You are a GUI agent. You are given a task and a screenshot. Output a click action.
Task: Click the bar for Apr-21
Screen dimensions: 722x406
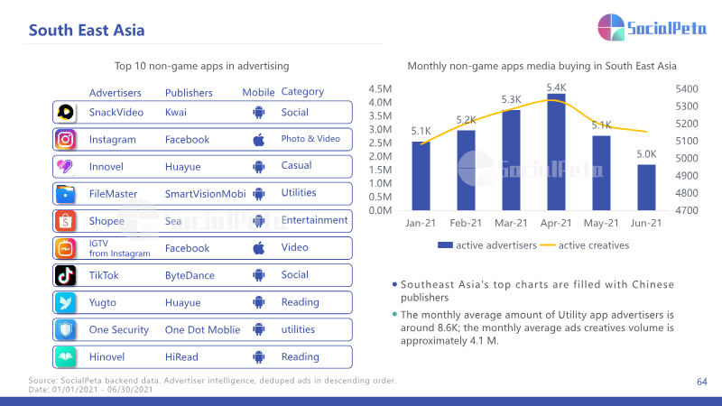click(556, 152)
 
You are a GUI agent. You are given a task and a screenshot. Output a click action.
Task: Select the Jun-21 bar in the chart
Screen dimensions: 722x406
click(646, 188)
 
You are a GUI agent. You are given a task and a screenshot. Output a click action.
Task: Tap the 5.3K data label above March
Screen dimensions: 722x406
click(511, 99)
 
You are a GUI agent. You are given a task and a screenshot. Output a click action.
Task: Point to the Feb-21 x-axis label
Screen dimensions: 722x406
click(466, 223)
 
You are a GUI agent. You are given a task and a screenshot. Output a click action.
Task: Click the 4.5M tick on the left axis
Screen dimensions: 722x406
click(380, 88)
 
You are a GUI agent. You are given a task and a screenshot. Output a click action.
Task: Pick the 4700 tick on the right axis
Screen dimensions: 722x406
click(687, 210)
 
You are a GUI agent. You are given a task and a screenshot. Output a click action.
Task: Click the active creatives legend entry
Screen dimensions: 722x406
click(584, 245)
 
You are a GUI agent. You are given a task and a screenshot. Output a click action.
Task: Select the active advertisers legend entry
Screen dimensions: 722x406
click(487, 245)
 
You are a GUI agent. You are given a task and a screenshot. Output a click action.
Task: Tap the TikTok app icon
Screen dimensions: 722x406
click(65, 275)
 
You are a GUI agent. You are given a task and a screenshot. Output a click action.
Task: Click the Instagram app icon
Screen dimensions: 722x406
click(65, 140)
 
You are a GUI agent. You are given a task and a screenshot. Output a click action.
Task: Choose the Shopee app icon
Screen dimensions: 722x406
click(65, 221)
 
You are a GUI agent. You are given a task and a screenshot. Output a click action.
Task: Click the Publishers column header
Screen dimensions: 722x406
click(189, 93)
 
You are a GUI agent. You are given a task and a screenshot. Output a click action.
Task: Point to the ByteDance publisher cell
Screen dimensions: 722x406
click(190, 275)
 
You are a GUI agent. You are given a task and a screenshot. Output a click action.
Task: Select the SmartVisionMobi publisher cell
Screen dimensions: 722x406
click(206, 194)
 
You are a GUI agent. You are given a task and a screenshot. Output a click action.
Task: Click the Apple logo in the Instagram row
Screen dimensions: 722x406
click(259, 140)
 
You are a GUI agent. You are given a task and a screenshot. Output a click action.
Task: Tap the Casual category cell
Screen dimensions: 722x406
click(297, 166)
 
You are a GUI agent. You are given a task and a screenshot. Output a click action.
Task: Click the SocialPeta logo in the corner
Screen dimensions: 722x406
click(652, 27)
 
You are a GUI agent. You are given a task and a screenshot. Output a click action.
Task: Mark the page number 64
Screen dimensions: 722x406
click(702, 382)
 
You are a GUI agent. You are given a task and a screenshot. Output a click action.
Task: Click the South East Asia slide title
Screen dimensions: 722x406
click(87, 31)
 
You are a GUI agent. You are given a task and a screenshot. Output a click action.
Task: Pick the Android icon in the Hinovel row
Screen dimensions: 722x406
click(259, 356)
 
